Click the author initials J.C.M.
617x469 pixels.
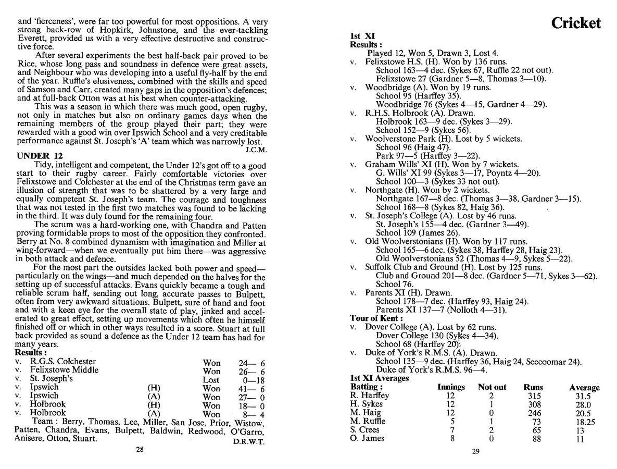click(255, 149)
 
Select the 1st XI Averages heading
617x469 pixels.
click(379, 378)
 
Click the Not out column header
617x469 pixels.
click(492, 387)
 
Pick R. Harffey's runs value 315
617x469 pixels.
click(533, 396)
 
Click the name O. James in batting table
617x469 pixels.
click(367, 438)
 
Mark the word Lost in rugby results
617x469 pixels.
click(211, 379)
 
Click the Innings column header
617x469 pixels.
click(450, 387)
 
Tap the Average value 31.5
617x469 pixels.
click(584, 396)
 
